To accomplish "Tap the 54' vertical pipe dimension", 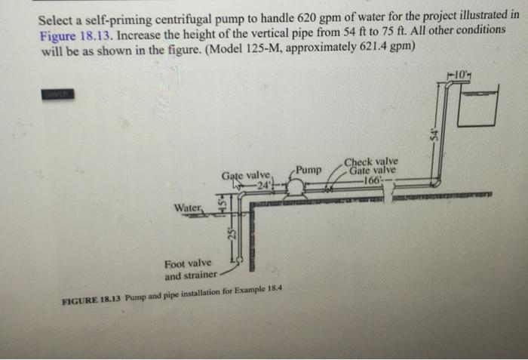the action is point(434,134).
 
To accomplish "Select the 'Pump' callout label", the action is point(309,170).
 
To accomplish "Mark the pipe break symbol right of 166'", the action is point(388,197).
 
